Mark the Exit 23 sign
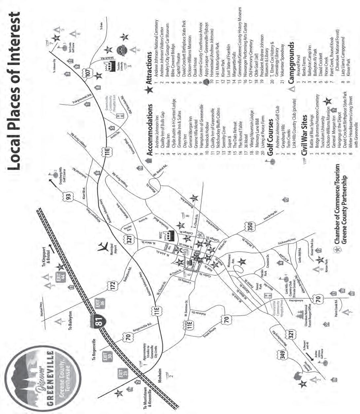(120, 375)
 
